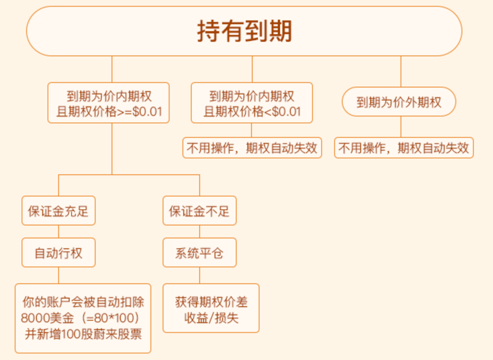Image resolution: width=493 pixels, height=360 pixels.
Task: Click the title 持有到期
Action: point(244,31)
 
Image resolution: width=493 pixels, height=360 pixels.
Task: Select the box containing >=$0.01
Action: point(108,103)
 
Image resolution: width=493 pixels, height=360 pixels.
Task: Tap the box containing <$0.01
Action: point(252,103)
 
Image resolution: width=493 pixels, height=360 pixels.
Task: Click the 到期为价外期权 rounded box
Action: point(399,102)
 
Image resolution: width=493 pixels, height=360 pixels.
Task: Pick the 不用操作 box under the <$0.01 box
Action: point(252,148)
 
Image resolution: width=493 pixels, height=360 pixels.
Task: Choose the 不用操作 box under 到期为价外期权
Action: point(404,148)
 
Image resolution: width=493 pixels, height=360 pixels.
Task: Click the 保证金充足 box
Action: point(59,210)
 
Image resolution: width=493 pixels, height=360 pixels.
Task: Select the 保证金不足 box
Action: point(200,210)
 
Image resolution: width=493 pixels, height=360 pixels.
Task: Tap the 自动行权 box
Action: point(59,252)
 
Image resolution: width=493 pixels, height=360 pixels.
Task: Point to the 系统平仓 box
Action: point(200,252)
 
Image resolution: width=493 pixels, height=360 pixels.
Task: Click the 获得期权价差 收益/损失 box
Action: point(211,308)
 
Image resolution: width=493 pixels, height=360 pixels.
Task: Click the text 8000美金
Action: point(47,318)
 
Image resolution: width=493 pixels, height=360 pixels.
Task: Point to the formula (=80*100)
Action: point(110,318)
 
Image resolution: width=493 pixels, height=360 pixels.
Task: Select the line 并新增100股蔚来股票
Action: point(83,334)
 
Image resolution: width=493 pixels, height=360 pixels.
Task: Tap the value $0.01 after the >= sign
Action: point(147,111)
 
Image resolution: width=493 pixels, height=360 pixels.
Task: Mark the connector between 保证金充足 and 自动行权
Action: point(59,232)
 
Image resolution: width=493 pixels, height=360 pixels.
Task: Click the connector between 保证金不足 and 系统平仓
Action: point(200,232)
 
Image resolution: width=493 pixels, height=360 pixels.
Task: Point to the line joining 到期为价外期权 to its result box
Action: point(401,127)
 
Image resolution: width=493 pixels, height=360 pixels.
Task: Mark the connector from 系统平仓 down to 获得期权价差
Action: point(200,275)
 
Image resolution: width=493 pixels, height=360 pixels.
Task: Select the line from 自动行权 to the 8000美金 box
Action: point(59,275)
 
